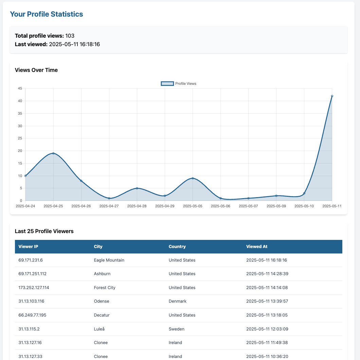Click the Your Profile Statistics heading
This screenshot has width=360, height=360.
point(46,14)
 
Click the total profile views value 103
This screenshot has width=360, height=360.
point(70,36)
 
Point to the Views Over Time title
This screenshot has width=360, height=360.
point(36,70)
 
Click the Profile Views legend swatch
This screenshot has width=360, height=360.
point(167,83)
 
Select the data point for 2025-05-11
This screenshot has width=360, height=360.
point(332,96)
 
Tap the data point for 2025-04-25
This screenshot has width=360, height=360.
point(53,153)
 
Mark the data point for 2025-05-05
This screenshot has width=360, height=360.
point(193,178)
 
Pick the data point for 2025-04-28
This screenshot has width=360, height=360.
point(137,188)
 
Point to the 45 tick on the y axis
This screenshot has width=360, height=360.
point(20,89)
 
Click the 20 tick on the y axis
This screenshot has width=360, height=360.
point(20,151)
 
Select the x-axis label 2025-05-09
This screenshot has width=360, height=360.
point(276,206)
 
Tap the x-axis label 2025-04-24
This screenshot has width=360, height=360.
point(25,206)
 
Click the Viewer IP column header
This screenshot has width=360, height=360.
point(28,247)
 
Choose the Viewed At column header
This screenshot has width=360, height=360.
point(257,247)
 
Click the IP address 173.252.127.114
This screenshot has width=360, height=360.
point(34,288)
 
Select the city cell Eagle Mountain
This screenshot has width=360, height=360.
point(109,260)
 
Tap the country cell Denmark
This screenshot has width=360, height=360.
point(178,301)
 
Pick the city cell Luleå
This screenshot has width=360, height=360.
point(100,329)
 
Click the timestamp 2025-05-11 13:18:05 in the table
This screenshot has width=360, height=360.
point(267,315)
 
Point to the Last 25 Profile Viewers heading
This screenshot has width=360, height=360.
point(44,231)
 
